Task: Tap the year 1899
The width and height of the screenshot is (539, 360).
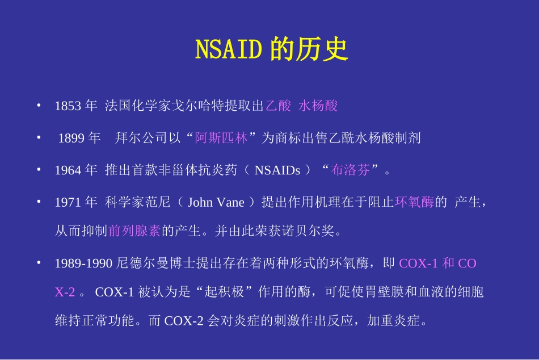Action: click(x=72, y=138)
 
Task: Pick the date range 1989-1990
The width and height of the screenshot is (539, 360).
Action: click(x=85, y=263)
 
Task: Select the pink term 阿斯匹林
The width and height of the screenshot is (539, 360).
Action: click(x=221, y=138)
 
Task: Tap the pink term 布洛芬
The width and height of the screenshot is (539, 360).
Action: click(x=351, y=170)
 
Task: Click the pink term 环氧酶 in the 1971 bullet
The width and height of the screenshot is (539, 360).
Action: click(x=415, y=202)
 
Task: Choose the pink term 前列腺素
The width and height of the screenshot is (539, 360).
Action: click(x=135, y=231)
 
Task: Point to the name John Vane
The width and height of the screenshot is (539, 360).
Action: click(x=216, y=202)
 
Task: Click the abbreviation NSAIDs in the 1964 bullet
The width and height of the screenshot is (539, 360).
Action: click(x=277, y=170)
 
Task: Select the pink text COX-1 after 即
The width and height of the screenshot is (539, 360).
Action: click(x=419, y=263)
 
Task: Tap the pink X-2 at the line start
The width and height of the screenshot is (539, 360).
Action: click(x=65, y=292)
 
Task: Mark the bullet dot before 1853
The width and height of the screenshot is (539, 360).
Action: click(x=38, y=105)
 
